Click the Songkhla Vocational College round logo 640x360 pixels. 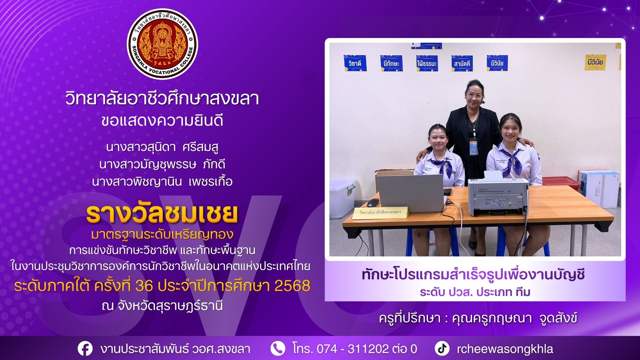[x=162, y=44]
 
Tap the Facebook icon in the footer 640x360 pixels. [x=85, y=349]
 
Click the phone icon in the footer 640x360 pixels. [x=278, y=348]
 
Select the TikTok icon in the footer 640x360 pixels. [x=442, y=348]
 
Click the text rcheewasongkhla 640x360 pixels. [x=505, y=349]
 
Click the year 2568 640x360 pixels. [x=292, y=286]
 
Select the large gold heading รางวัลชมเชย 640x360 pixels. [x=162, y=213]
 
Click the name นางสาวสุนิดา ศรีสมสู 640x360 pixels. [x=162, y=147]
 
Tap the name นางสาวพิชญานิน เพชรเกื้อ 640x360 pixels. [x=162, y=182]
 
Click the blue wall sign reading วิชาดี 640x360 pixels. [x=355, y=63]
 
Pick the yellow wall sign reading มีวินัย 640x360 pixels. [x=595, y=62]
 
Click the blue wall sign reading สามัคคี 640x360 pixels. [x=462, y=63]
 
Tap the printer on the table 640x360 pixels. [x=498, y=196]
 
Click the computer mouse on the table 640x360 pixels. [x=373, y=202]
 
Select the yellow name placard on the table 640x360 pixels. [x=380, y=212]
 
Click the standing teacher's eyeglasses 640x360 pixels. [x=475, y=96]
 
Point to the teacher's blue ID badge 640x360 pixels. [x=473, y=147]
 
